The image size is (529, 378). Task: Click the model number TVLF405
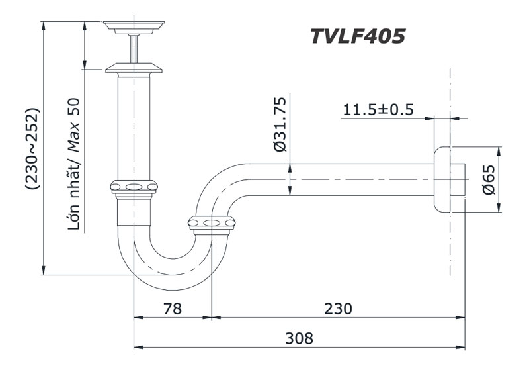coord(357,36)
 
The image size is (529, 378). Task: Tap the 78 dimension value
coord(173,308)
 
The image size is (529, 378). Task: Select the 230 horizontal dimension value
coord(338,308)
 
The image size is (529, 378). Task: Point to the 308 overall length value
coord(299,338)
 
